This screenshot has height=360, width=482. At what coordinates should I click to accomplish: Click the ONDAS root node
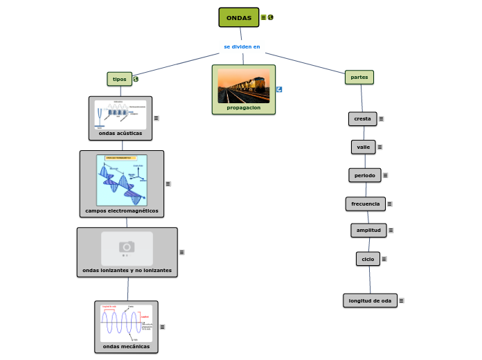click(239, 17)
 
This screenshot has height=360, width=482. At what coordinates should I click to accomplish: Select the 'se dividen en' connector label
click(242, 46)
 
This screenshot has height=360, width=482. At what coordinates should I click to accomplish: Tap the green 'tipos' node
click(119, 79)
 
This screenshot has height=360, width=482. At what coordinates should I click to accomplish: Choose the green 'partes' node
click(359, 77)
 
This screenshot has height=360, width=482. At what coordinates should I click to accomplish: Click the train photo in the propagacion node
click(243, 85)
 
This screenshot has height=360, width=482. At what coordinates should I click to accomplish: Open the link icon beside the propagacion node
click(279, 89)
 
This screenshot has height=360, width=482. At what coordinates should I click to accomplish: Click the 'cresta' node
click(362, 119)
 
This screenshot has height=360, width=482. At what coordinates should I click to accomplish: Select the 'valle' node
click(363, 147)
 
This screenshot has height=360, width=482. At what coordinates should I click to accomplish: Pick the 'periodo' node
click(364, 175)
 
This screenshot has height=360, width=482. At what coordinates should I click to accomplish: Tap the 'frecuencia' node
click(365, 204)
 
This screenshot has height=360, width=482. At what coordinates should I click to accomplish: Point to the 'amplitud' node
click(368, 230)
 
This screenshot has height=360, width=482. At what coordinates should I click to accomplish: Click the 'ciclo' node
click(368, 259)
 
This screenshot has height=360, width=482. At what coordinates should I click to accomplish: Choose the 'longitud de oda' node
click(370, 300)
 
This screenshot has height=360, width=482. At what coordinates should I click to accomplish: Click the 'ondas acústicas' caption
click(120, 133)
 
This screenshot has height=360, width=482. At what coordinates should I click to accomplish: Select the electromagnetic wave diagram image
click(122, 179)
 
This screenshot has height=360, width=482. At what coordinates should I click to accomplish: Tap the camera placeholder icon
click(127, 247)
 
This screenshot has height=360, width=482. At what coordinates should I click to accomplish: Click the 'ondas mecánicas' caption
click(126, 346)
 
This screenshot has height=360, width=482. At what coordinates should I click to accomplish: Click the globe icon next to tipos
click(136, 79)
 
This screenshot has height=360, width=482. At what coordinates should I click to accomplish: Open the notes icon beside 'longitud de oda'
click(402, 300)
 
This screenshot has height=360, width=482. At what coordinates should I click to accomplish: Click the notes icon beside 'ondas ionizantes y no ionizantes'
click(181, 253)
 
